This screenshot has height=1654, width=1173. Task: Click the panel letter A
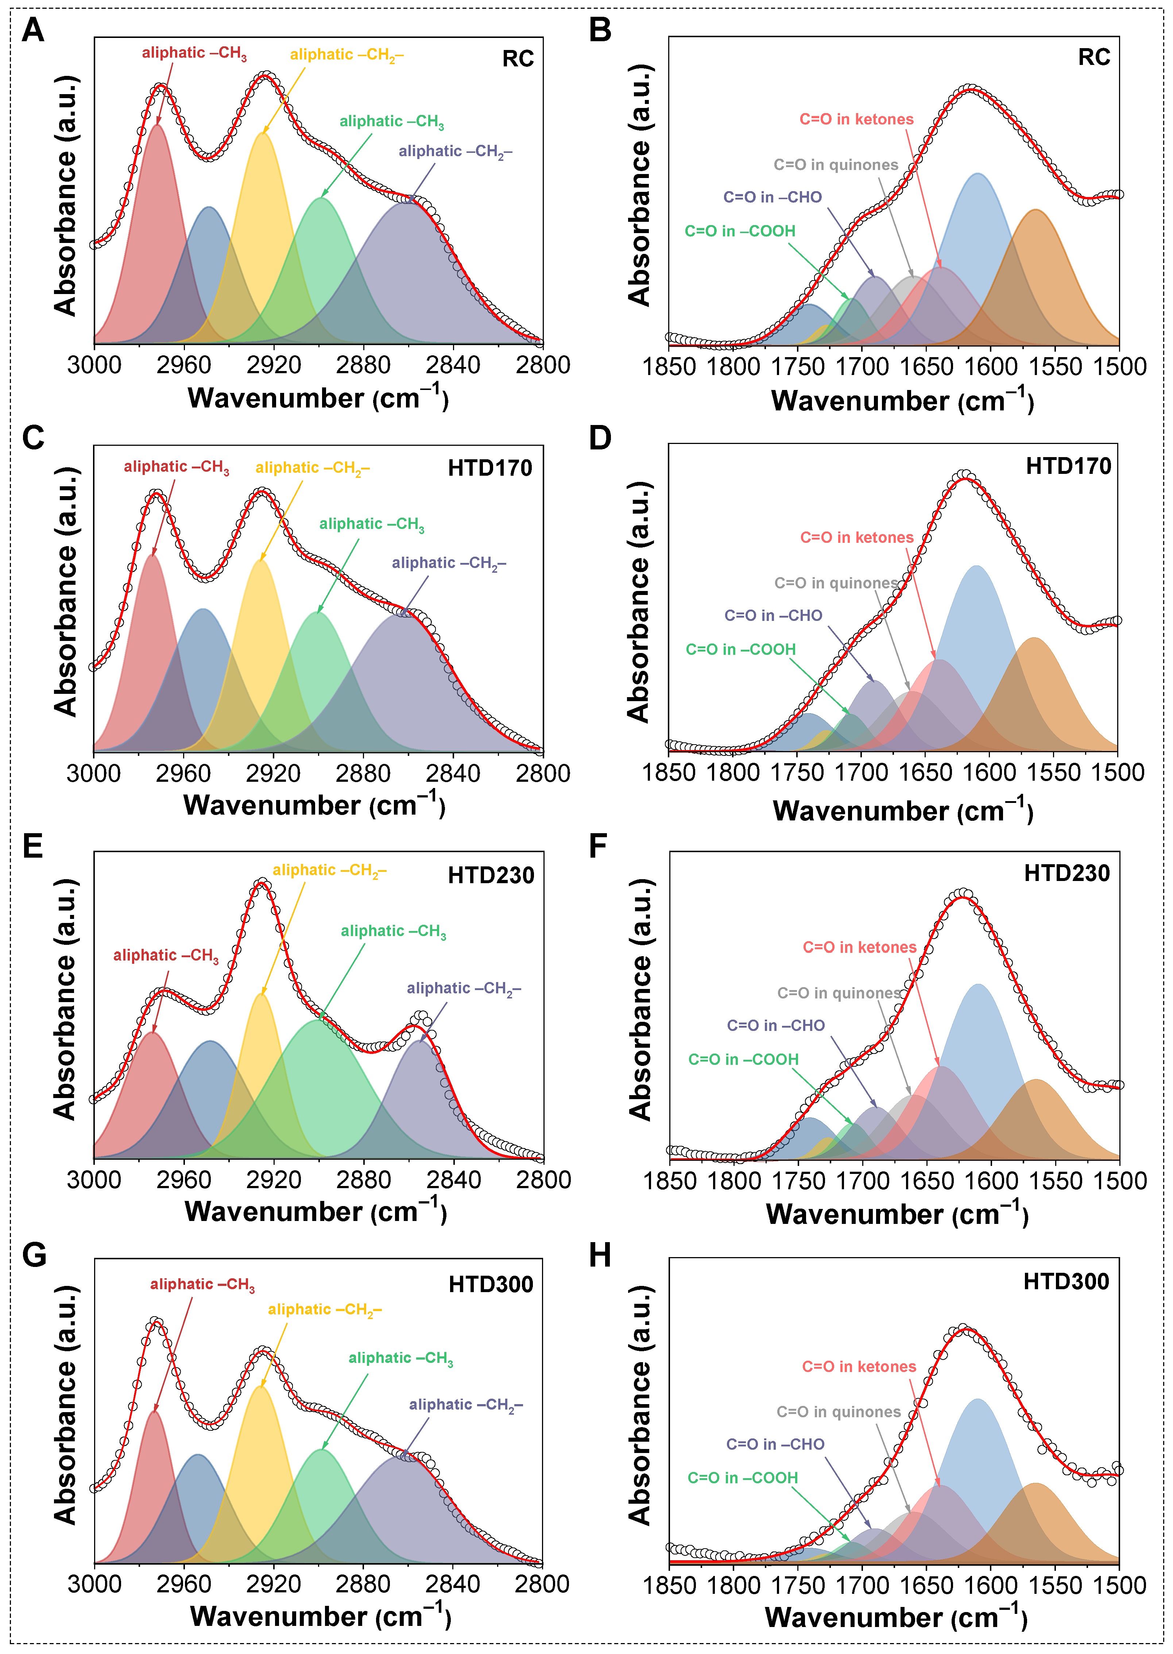[33, 30]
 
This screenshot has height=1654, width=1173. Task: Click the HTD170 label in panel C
[490, 468]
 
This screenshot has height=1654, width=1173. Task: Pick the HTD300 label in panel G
[491, 1284]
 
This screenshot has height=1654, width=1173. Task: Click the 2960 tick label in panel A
[183, 365]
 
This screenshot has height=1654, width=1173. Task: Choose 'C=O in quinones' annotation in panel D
[836, 583]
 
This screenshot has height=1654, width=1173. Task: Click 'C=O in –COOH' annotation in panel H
[743, 1478]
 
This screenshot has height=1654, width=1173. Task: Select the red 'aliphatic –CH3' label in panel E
[165, 955]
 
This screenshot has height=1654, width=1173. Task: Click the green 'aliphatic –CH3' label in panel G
[401, 1358]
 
